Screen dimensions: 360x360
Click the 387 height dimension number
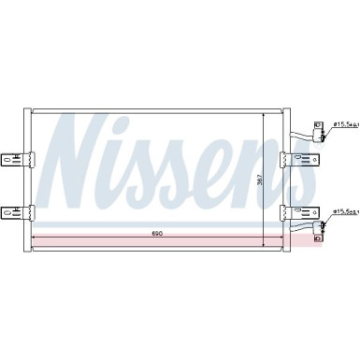[261, 180]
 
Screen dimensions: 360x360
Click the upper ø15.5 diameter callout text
[343, 123]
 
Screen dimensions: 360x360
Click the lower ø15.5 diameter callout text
[343, 213]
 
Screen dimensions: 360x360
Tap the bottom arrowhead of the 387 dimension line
[266, 244]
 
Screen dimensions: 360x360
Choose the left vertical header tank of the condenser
[30, 178]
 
